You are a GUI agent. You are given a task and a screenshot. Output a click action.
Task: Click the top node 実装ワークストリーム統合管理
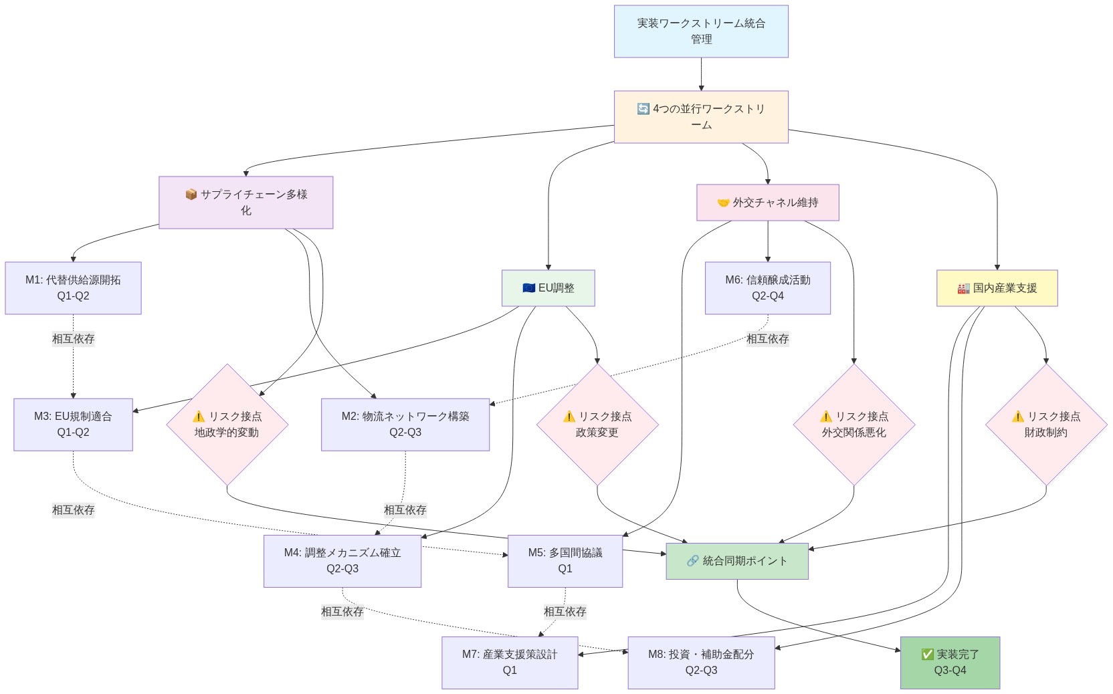701,31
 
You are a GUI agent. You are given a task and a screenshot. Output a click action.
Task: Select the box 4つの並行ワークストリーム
701,117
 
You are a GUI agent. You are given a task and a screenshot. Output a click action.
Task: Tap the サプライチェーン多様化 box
245,203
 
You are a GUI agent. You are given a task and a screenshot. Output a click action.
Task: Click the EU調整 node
548,288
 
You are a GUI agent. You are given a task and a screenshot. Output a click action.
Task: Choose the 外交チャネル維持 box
767,203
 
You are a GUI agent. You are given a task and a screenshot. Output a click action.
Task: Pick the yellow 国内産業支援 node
997,288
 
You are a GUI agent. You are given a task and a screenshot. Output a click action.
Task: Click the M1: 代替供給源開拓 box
73,288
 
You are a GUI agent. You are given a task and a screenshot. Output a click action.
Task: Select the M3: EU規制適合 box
73,425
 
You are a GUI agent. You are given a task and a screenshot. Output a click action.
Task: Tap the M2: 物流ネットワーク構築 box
405,425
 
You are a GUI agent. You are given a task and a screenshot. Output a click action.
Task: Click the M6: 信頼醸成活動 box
767,288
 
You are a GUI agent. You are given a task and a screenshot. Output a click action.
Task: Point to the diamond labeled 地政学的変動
227,425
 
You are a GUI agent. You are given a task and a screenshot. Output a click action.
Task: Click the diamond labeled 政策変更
597,425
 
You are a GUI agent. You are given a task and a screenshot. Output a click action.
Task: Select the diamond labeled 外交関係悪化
853,425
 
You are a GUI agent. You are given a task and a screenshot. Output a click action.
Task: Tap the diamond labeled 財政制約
1045,425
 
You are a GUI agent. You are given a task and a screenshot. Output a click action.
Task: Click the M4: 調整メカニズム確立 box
342,561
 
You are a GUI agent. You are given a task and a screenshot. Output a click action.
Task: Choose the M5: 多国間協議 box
565,561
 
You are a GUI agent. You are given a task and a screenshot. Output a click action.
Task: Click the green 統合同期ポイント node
736,561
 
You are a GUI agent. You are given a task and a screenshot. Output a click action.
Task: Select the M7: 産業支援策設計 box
509,663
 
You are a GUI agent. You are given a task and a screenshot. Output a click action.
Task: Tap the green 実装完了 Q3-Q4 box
950,663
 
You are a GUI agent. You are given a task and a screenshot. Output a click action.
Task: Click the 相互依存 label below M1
73,339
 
